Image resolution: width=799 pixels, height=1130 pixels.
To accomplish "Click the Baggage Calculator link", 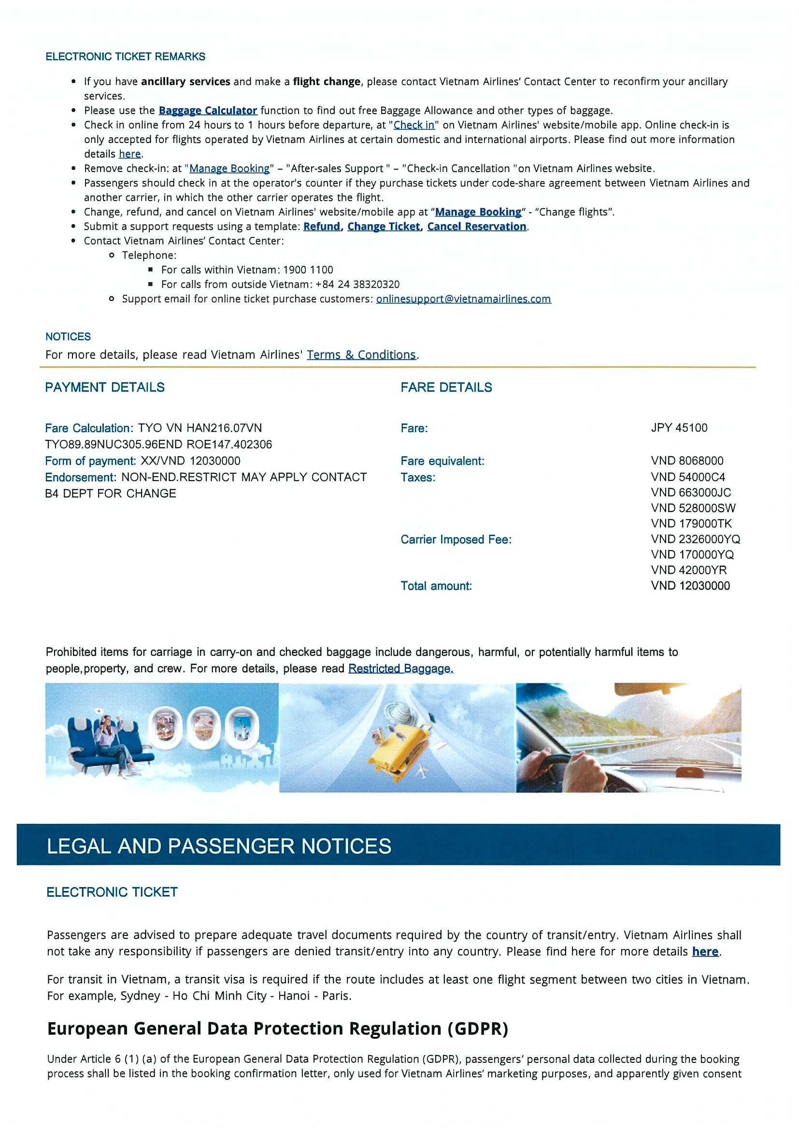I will click(x=208, y=110).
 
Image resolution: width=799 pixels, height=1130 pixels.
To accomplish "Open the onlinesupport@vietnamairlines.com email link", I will click(x=463, y=299).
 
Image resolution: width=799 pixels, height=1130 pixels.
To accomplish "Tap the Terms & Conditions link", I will click(x=361, y=355).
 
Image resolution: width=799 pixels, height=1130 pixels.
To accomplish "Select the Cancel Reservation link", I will click(x=476, y=226).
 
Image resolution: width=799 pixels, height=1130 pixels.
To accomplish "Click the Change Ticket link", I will click(x=384, y=226).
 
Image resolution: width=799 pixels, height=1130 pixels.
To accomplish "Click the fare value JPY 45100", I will click(x=679, y=428).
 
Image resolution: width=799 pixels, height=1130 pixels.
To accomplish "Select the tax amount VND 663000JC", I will click(x=691, y=493).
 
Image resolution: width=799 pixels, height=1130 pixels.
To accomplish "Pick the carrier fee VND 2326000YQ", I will click(x=695, y=539).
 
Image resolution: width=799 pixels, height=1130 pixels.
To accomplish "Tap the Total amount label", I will click(x=436, y=586).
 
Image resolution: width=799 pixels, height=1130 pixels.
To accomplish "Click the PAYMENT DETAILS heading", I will click(x=105, y=387).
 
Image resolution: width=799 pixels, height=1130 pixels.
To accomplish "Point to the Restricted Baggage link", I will click(x=400, y=668).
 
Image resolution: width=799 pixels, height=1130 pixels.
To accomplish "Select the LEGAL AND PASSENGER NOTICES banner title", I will click(x=219, y=846).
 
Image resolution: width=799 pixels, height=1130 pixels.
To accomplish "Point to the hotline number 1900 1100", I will click(x=308, y=270).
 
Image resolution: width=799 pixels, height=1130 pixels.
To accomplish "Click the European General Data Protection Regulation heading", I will click(x=278, y=1029).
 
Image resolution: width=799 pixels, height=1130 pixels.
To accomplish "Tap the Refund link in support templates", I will click(x=321, y=226).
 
